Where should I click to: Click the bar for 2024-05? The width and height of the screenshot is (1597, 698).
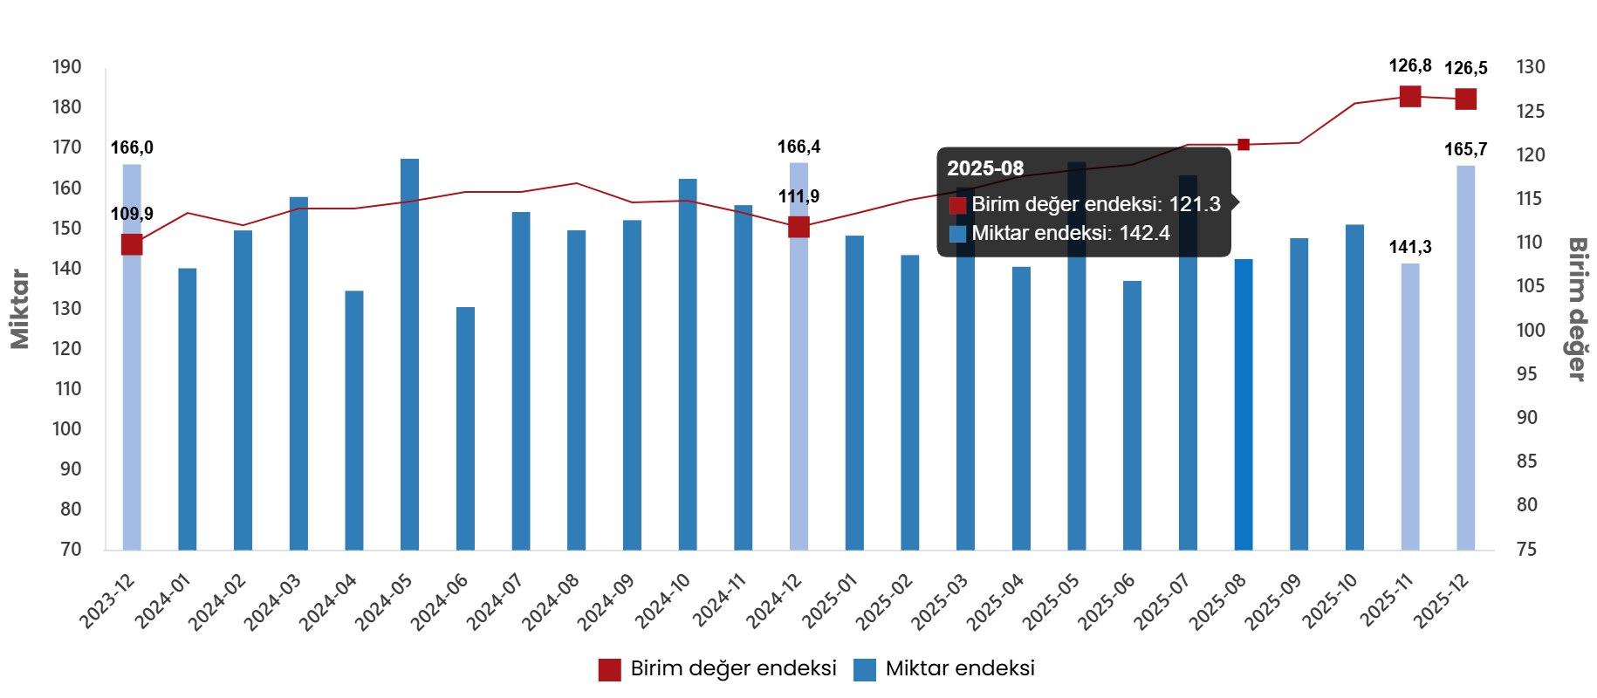click(x=410, y=353)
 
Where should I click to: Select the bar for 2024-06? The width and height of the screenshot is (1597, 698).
click(x=465, y=428)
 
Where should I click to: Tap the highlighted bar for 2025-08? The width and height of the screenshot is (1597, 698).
click(x=1244, y=403)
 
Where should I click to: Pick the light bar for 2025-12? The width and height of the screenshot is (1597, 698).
click(x=1466, y=357)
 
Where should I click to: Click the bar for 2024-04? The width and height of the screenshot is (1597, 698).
click(x=354, y=420)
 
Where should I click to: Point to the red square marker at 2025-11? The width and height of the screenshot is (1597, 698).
click(x=1410, y=97)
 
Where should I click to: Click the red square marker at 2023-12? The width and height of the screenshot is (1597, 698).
click(x=132, y=244)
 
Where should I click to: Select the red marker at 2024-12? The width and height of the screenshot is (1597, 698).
click(x=798, y=228)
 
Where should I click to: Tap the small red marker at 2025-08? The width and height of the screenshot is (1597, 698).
click(x=1244, y=145)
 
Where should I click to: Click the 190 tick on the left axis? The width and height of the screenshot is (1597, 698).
click(x=66, y=67)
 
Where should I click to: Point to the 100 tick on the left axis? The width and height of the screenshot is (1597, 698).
click(x=66, y=428)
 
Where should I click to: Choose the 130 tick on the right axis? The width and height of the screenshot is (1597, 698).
click(x=1530, y=67)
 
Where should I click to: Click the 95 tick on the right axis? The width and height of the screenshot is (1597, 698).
click(x=1526, y=373)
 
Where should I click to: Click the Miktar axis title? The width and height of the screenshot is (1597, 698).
click(x=20, y=309)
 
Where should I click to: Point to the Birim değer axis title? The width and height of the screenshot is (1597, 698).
click(x=1577, y=309)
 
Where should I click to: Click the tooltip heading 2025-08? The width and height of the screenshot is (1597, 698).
click(x=985, y=168)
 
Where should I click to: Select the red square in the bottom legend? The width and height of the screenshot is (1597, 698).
click(x=609, y=670)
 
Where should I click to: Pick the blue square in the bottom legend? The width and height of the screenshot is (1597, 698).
click(x=865, y=670)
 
